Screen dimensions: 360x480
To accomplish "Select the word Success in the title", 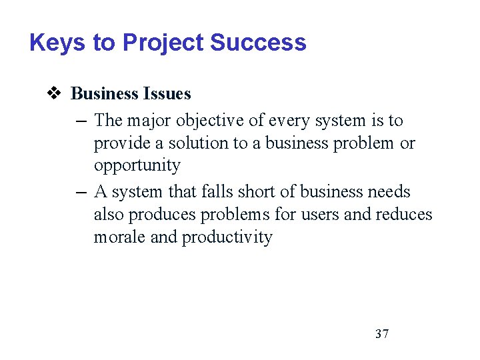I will point(258,43).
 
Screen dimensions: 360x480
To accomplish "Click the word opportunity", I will point(137,166).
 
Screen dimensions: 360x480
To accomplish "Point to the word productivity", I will point(227,238).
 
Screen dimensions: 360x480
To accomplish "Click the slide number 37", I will point(382,333).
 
